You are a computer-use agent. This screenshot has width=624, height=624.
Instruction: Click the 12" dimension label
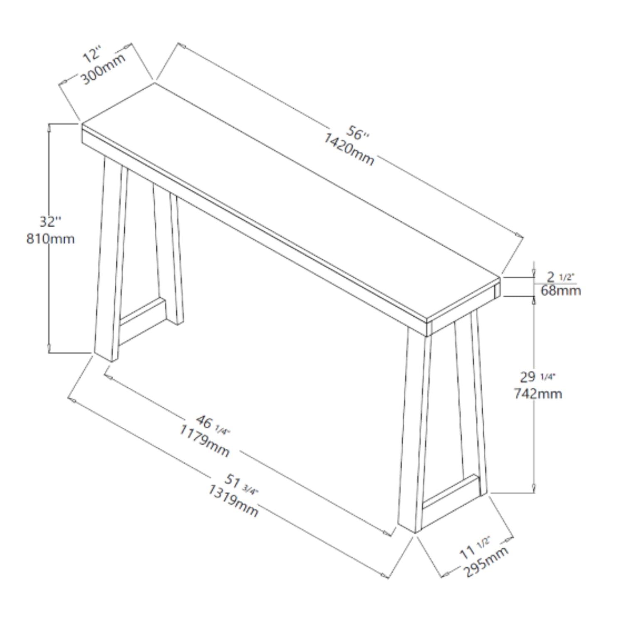(x=92, y=54)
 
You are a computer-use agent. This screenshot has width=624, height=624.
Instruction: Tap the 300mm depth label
(x=103, y=69)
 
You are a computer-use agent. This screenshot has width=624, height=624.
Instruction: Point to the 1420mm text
(x=349, y=149)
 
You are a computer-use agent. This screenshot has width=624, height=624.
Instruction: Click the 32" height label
(x=50, y=221)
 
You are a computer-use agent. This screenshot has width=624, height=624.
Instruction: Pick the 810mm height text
(x=50, y=239)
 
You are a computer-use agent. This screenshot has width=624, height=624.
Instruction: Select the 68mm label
(x=560, y=290)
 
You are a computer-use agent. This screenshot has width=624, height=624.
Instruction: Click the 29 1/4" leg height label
(x=537, y=377)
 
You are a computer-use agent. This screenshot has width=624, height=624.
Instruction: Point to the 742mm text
(x=537, y=394)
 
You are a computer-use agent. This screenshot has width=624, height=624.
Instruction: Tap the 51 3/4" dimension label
(x=240, y=484)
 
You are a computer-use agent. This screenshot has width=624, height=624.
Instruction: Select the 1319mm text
(x=233, y=500)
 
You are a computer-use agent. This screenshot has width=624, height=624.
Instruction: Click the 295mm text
(x=485, y=562)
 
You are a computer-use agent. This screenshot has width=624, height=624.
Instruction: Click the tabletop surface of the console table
(x=291, y=200)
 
